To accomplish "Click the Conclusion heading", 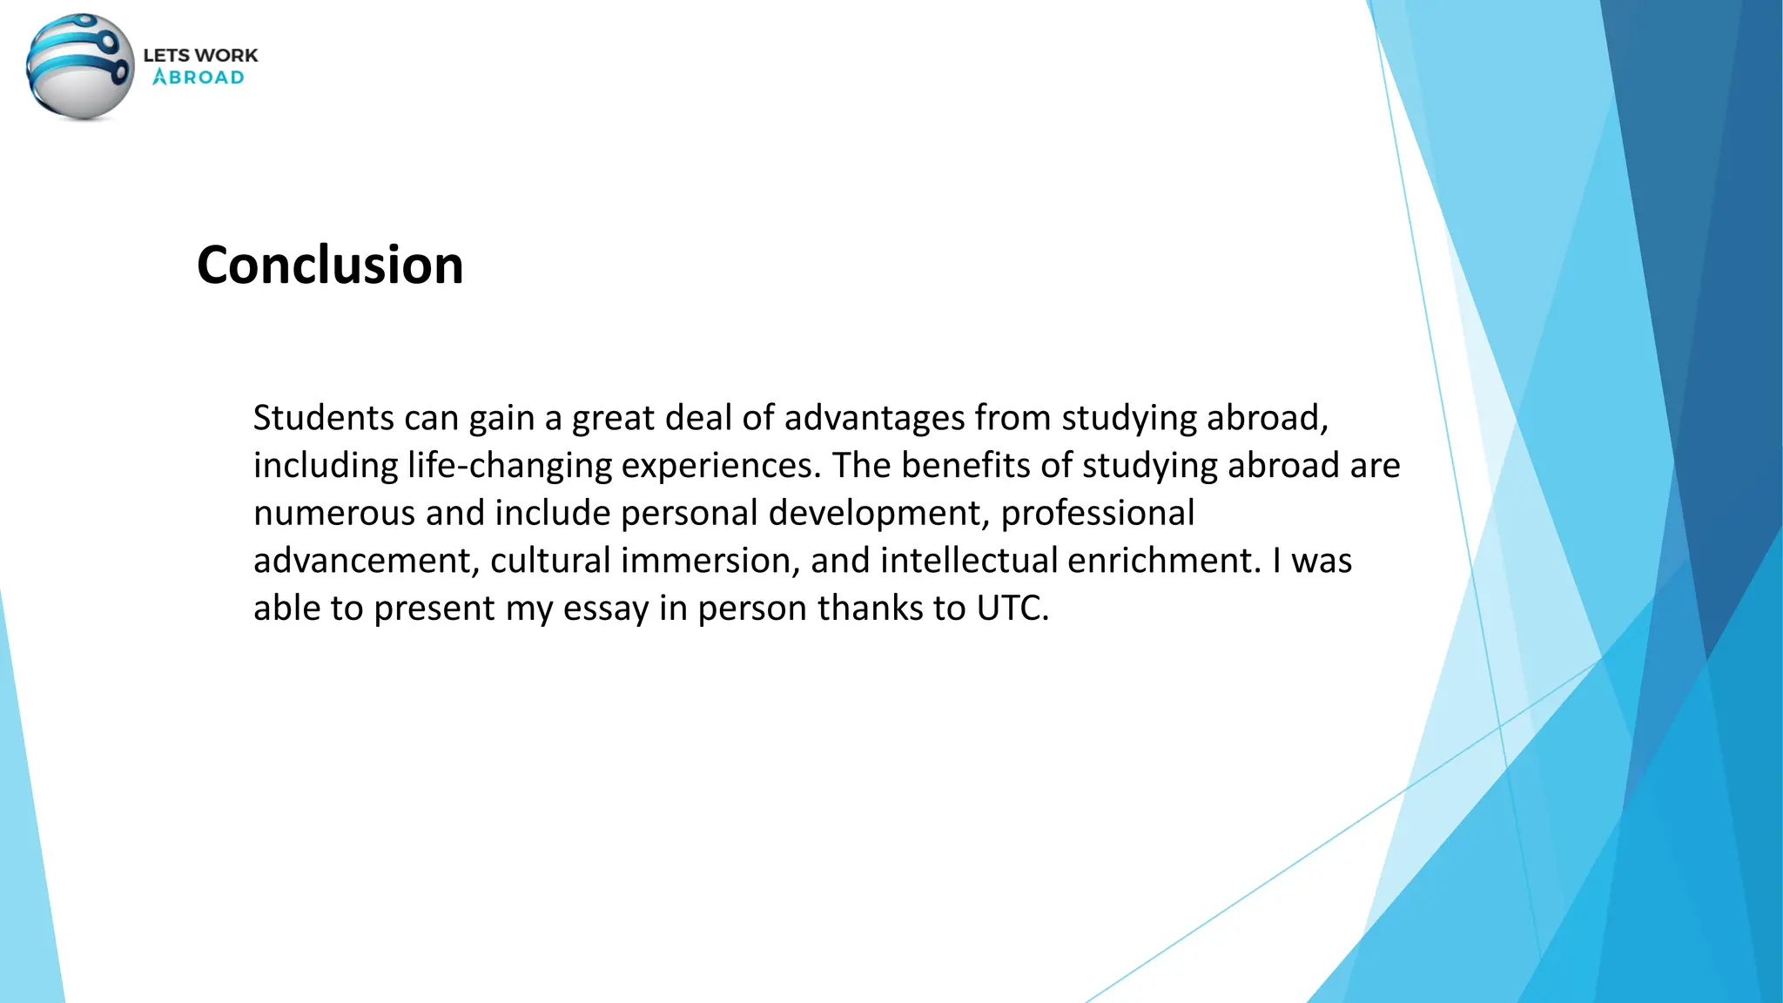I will pyautogui.click(x=330, y=265).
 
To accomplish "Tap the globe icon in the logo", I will pyautogui.click(x=80, y=67).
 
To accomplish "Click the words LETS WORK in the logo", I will pyautogui.click(x=200, y=55).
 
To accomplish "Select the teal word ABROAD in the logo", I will pyautogui.click(x=198, y=77).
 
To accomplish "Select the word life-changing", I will pyautogui.click(x=509, y=466).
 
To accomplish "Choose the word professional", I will pyautogui.click(x=1098, y=513).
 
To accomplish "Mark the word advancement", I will pyautogui.click(x=367, y=561).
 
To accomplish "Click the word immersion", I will pyautogui.click(x=710, y=561).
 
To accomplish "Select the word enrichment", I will pyautogui.click(x=1164, y=561).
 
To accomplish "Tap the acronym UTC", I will pyautogui.click(x=1013, y=609).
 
